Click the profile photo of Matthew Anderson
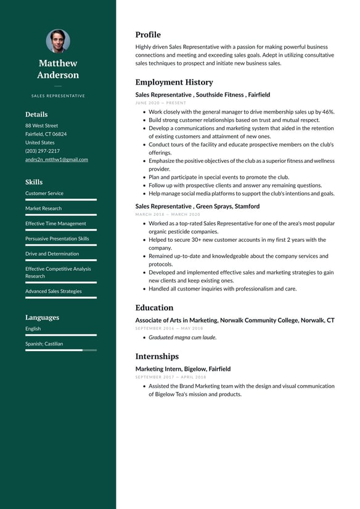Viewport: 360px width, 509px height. coord(58,41)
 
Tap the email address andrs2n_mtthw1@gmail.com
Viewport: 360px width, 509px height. coord(56,159)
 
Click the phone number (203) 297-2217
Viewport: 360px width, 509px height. coord(43,151)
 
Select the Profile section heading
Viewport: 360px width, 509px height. coord(148,35)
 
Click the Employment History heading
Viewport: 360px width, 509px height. coord(174,82)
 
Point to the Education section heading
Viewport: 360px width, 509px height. coord(154,307)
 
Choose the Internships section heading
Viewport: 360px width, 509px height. coord(157,356)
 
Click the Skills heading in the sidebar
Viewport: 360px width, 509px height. coord(34,182)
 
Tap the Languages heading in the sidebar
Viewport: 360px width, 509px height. coord(42,317)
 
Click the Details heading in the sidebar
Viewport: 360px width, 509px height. coord(36,114)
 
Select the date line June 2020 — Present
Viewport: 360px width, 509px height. coord(160,103)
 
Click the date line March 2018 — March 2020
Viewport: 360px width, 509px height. coord(168,214)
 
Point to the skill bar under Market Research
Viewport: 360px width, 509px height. coord(60,215)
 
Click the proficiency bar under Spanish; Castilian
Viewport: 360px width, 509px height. coord(60,350)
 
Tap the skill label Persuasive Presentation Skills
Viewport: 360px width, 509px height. coord(57,238)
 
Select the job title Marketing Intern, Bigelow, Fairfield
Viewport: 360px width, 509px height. coord(182,369)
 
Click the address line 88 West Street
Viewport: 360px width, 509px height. coord(41,125)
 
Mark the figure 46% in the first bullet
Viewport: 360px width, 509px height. coord(328,112)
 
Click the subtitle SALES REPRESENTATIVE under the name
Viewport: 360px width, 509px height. coord(58,96)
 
